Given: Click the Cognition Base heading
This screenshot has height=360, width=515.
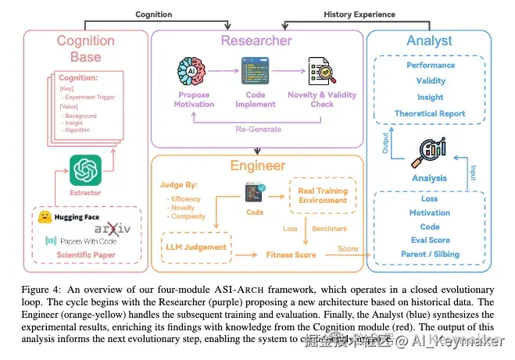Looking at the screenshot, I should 86,48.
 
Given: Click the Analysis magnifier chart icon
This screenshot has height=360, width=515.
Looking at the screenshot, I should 431,151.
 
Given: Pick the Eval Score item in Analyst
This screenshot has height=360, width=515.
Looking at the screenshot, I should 431,241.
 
